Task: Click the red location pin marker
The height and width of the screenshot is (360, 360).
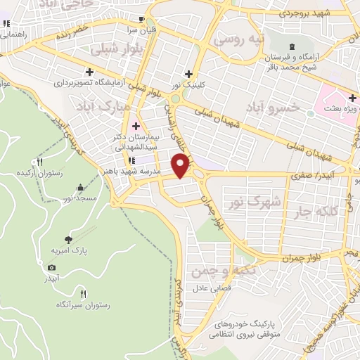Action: pyautogui.click(x=181, y=165)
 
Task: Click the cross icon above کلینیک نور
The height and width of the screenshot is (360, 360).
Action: pyautogui.click(x=188, y=74)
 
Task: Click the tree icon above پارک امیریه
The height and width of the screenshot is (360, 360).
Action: pyautogui.click(x=67, y=239)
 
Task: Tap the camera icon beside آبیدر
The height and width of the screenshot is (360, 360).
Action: pyautogui.click(x=51, y=268)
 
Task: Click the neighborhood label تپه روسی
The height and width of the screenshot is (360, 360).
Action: pyautogui.click(x=238, y=39)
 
